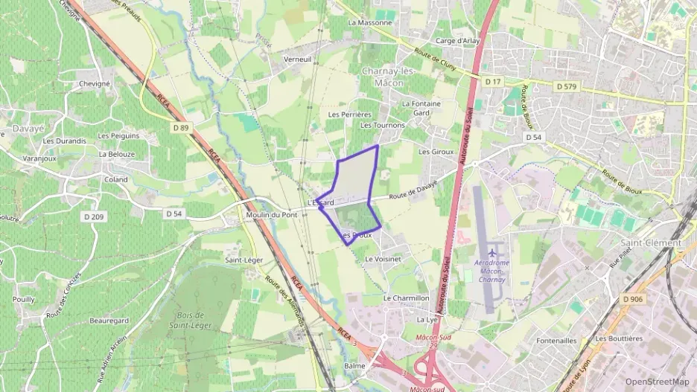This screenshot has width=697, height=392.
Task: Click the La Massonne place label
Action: coord(369,22)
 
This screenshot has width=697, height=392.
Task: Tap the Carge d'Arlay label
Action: coord(457,41)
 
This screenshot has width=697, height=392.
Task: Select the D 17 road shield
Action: coord(493,80)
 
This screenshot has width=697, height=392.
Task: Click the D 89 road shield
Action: coord(181,129)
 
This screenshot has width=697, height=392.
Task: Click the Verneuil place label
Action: coord(296,59)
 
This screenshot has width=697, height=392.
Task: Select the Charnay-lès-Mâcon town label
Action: coord(382,77)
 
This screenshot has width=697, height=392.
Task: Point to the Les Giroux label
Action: coord(436,152)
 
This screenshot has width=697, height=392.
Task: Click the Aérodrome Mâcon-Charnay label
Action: coord(491,271)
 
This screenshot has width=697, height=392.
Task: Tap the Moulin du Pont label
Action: coord(272,215)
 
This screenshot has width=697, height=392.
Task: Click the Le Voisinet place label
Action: coord(383,259)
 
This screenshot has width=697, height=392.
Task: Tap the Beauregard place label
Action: coord(109,321)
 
